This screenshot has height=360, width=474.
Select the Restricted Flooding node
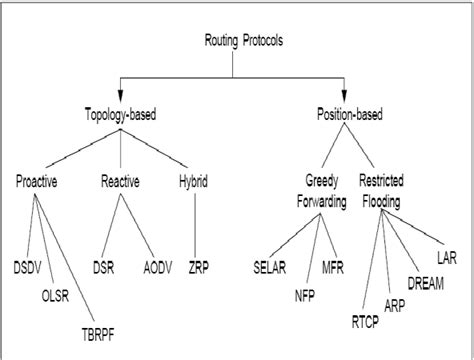tap(395, 190)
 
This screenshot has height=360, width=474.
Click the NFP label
tap(303, 296)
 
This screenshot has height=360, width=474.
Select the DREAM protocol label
tap(426, 284)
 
